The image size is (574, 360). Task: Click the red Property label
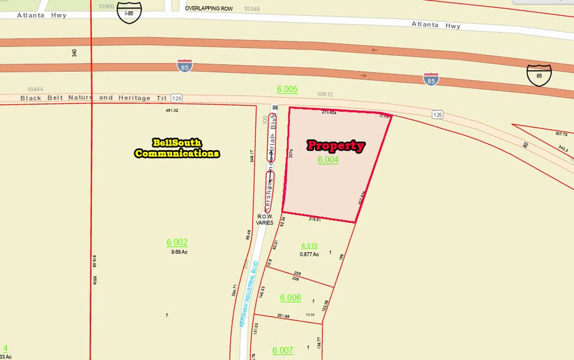335,146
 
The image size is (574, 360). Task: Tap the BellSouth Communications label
177,148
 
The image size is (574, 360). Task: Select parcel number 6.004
328,160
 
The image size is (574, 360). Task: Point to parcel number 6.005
287,89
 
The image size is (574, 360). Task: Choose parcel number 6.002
177,242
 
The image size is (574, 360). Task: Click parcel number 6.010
310,246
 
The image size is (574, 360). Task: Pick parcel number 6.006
291,298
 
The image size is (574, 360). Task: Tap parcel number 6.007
283,350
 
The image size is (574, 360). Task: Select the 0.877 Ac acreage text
310,254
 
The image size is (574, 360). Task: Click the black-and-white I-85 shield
129,12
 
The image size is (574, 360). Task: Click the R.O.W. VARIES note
265,220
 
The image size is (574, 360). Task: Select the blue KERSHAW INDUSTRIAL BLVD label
250,294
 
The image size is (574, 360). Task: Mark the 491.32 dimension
171,111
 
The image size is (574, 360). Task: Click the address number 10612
325,94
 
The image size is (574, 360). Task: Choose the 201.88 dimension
283,316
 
